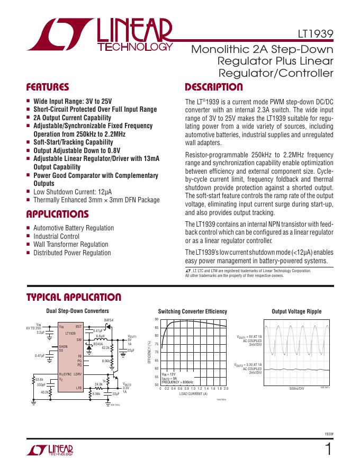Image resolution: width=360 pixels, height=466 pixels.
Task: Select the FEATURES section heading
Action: coord(48,87)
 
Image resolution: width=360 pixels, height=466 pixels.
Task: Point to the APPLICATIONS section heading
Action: coord(57,214)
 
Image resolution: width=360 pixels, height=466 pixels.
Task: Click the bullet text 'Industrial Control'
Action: coord(56,236)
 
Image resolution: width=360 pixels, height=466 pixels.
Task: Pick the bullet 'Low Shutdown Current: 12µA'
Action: coord(73,192)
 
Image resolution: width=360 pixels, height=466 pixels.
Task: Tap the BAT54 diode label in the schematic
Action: coord(109,320)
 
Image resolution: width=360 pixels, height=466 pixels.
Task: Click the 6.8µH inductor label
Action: coord(100,336)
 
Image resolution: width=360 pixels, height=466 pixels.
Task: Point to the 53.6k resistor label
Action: coord(39,379)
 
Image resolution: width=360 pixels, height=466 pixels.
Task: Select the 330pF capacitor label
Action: coord(41,384)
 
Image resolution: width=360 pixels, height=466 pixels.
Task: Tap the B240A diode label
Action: coord(98,344)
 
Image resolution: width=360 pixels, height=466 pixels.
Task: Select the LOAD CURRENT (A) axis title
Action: coord(193,394)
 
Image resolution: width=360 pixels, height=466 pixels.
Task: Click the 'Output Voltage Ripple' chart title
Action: coord(296,311)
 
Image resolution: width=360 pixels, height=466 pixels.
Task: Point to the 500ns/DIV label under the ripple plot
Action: coord(296,389)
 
